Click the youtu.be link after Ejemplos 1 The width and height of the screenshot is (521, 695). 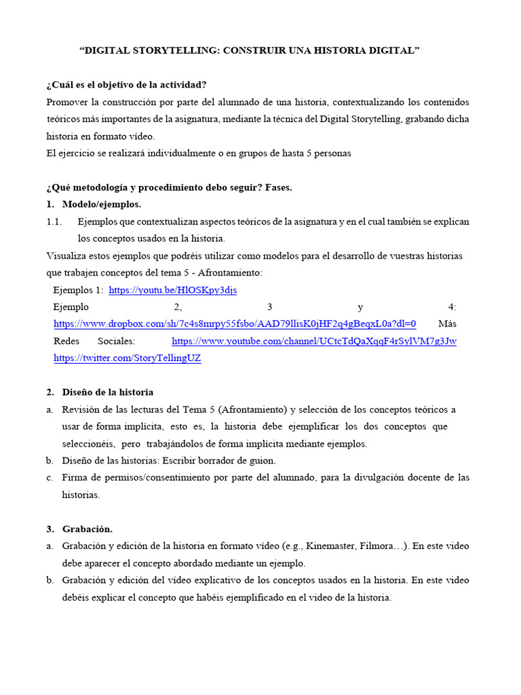[172, 290]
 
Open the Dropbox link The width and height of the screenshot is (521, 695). [235, 324]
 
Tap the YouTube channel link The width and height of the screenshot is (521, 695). [313, 341]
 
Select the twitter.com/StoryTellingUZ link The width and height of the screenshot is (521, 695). [127, 358]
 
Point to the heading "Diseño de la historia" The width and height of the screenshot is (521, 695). [107, 392]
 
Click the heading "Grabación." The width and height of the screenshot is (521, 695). [87, 529]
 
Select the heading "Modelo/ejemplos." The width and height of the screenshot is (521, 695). [101, 204]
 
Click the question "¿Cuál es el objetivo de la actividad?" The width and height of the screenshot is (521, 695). [126, 85]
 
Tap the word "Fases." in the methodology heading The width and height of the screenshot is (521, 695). [278, 187]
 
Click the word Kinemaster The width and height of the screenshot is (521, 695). [330, 546]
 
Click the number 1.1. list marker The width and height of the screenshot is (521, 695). [54, 222]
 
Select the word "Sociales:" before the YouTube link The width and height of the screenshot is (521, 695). [116, 341]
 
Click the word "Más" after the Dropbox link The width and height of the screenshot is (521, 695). [447, 324]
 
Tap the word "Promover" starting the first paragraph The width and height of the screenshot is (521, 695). [68, 102]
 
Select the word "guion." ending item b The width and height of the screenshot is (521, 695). [263, 461]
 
